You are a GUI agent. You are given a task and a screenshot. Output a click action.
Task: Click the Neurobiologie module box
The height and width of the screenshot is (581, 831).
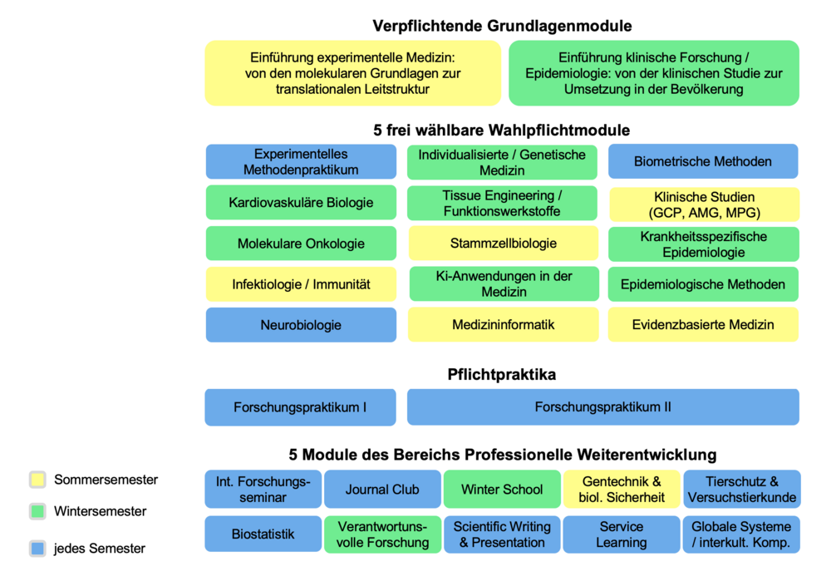[x=301, y=325]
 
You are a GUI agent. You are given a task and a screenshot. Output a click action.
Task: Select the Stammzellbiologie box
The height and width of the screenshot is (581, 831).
[x=502, y=244]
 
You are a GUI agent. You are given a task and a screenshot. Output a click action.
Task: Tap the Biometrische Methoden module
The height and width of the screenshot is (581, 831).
[x=703, y=161]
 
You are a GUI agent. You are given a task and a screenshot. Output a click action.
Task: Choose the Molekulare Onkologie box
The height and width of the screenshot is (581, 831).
[x=301, y=244]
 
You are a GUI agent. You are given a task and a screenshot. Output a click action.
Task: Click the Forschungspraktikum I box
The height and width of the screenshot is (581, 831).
[x=301, y=407]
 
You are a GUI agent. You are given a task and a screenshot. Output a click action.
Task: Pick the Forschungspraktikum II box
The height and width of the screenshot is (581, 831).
[x=602, y=407]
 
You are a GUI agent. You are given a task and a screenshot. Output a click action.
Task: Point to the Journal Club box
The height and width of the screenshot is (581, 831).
[x=382, y=490]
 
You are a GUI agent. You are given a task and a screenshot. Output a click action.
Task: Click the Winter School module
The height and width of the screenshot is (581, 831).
[x=502, y=490]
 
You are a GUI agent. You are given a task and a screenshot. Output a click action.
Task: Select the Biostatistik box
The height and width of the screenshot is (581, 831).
[x=263, y=534]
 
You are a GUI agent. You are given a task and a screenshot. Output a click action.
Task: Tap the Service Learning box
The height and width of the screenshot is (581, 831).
[x=622, y=534]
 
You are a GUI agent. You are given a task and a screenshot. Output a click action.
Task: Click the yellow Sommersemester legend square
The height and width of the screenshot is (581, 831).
[x=37, y=480]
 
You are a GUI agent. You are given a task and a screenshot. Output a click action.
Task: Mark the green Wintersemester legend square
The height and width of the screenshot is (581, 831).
[x=37, y=511]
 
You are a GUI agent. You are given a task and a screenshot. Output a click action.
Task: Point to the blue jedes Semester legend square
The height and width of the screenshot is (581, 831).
[x=37, y=549]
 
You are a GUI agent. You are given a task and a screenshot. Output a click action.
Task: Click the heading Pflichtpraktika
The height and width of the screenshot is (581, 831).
[x=502, y=375]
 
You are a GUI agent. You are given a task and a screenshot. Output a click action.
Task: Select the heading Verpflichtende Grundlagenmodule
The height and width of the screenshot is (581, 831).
[x=502, y=26]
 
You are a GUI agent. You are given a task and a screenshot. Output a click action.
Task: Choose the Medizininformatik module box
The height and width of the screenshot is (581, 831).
[x=502, y=325]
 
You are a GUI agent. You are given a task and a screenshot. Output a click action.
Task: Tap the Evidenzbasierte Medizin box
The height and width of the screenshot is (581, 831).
[x=703, y=325]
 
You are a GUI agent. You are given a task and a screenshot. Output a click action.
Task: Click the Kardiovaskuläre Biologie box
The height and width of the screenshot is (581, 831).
[x=301, y=202]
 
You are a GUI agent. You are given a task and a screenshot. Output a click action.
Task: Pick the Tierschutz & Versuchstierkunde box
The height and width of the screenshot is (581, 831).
[x=741, y=490]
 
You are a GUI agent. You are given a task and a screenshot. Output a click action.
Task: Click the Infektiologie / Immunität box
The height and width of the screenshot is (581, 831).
[x=301, y=284]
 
